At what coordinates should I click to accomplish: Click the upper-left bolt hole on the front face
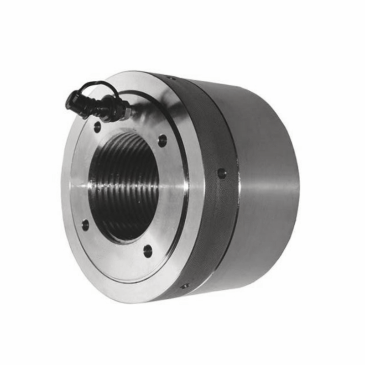[97, 127]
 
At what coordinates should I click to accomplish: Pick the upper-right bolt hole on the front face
[162, 141]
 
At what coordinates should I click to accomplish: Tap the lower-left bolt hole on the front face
[85, 224]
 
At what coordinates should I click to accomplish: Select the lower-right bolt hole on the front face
[148, 250]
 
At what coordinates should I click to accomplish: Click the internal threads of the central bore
[121, 182]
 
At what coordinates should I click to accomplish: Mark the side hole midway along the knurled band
[222, 173]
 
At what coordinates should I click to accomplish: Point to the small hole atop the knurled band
[172, 78]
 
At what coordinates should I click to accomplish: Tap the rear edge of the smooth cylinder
[297, 182]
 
